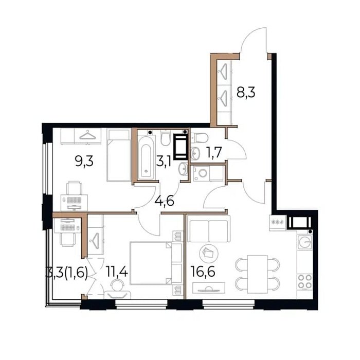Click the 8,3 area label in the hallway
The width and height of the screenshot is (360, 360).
tap(246, 93)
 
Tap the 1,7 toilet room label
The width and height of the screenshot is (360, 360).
tap(214, 152)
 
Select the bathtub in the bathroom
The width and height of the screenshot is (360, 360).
tap(146, 157)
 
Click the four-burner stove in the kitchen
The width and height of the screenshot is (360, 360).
tap(304, 281)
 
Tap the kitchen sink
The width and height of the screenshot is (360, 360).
tap(304, 242)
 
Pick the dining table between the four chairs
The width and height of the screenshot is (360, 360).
tap(257, 274)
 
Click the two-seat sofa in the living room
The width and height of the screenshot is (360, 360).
tap(209, 229)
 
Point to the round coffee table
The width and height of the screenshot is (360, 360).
tap(209, 254)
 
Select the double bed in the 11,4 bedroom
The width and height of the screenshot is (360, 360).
tap(151, 263)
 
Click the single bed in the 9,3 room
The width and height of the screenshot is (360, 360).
tap(119, 155)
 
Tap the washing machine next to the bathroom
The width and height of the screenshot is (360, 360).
tap(201, 173)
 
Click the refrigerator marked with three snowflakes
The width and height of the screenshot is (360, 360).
tap(278, 222)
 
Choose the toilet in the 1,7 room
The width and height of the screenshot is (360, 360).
tap(200, 137)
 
